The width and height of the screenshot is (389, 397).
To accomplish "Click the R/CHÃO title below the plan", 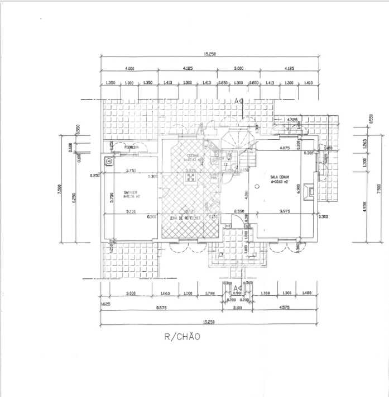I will (181, 337).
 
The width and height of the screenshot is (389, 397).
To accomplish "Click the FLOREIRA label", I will (132, 148).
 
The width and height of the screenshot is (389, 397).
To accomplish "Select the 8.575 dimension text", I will (161, 308).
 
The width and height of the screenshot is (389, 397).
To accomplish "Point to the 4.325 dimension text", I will (291, 120).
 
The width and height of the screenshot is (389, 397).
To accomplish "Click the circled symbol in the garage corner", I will (108, 162).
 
